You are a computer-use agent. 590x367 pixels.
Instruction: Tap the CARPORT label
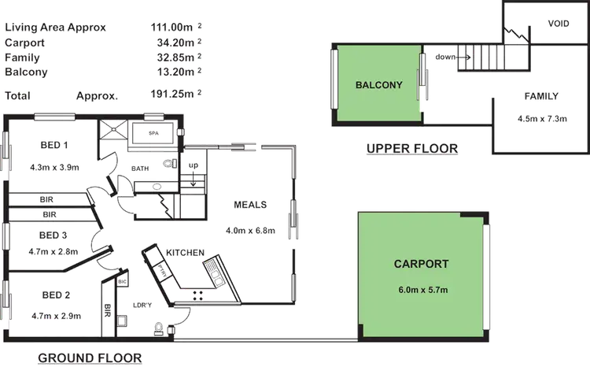tap(421, 265)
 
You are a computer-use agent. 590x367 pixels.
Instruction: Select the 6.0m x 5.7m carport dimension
tap(423, 291)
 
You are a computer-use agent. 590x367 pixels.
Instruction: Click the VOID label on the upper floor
tap(558, 24)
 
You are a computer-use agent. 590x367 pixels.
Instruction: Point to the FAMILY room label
tap(540, 97)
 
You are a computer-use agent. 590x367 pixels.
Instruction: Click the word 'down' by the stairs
tap(445, 57)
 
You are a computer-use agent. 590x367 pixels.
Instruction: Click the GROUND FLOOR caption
tap(90, 358)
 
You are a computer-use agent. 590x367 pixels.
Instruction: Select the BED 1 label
tap(54, 145)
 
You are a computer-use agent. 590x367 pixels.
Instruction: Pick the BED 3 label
tap(53, 235)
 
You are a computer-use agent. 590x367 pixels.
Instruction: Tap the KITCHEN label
tap(186, 252)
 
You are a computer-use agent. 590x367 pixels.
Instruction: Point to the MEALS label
tap(251, 205)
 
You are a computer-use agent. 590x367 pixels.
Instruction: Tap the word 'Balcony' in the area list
tap(26, 72)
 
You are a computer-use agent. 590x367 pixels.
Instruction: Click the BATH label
tap(141, 169)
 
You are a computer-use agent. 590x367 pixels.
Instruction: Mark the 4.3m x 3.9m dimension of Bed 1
tap(53, 168)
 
